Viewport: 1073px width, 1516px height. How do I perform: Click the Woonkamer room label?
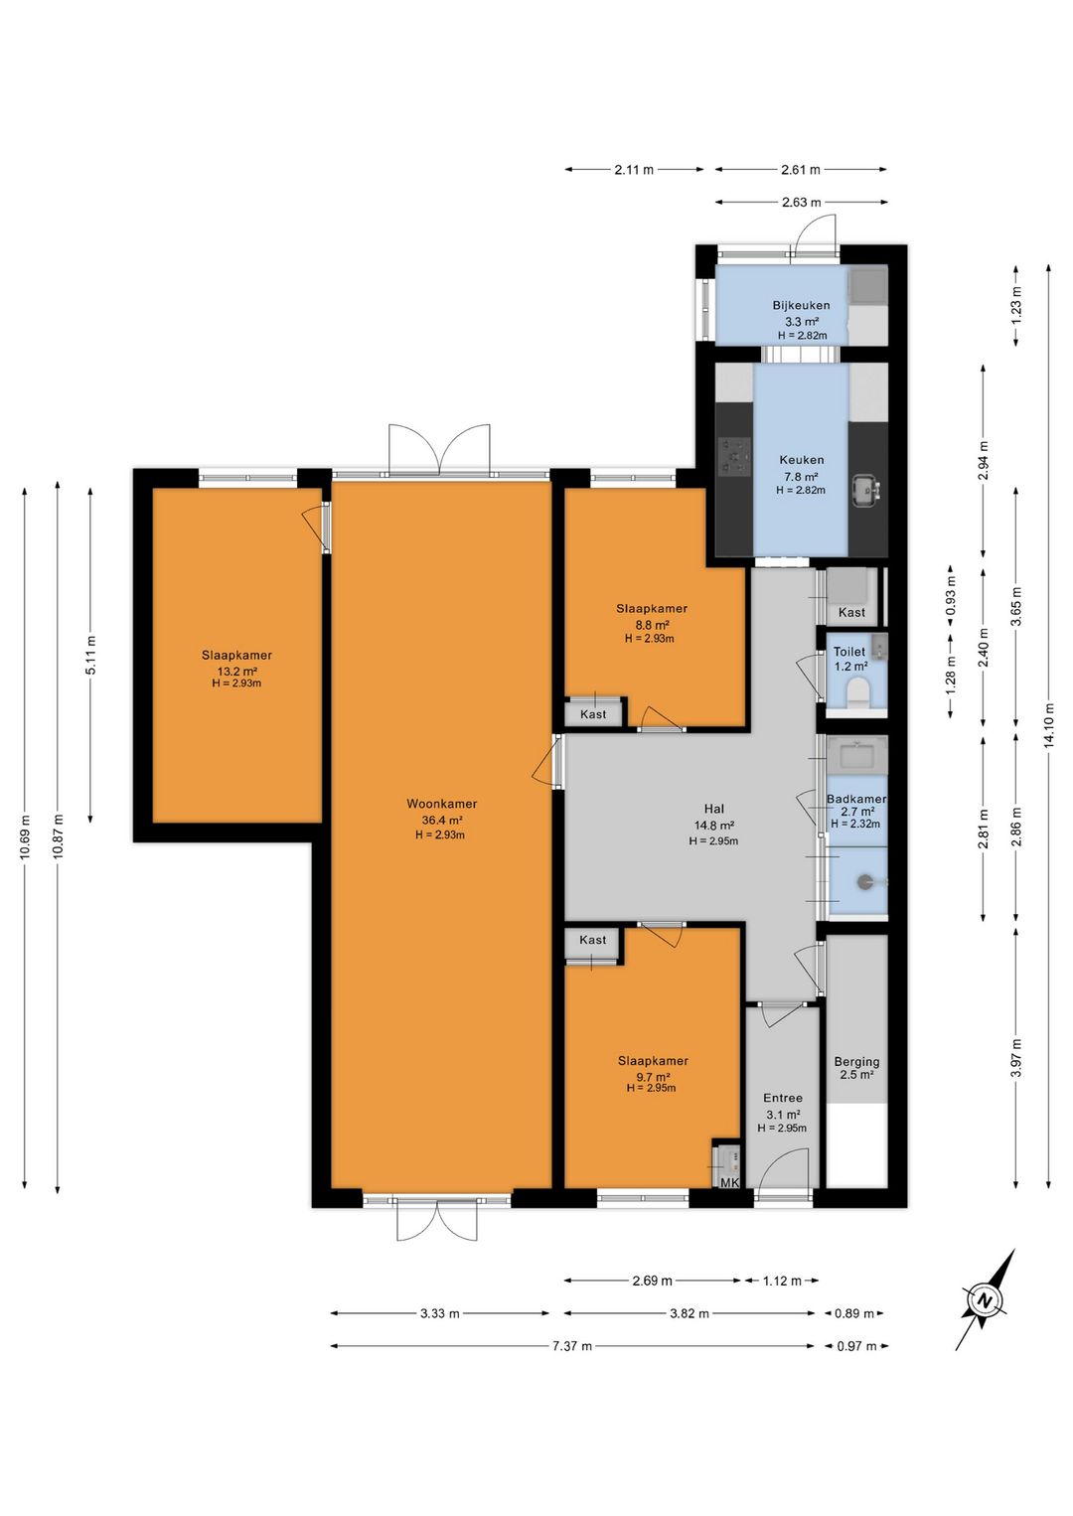pos(441,804)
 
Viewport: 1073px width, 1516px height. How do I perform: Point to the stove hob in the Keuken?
pos(734,455)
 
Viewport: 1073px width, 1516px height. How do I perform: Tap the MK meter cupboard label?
pos(730,1182)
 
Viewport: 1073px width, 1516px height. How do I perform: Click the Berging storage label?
pos(856,1062)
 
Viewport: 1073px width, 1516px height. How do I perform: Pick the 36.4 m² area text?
pos(441,821)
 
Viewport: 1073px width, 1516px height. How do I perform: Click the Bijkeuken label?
pos(801,305)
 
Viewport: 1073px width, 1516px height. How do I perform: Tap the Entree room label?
pos(783,1098)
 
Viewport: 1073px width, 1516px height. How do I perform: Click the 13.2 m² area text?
pos(236,672)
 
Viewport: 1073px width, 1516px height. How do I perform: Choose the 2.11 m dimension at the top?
pos(634,170)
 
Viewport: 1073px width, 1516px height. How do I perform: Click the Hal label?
pos(714,808)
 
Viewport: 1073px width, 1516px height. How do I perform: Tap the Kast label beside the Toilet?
pos(851,612)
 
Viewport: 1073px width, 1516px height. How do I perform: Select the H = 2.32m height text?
pos(855,824)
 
